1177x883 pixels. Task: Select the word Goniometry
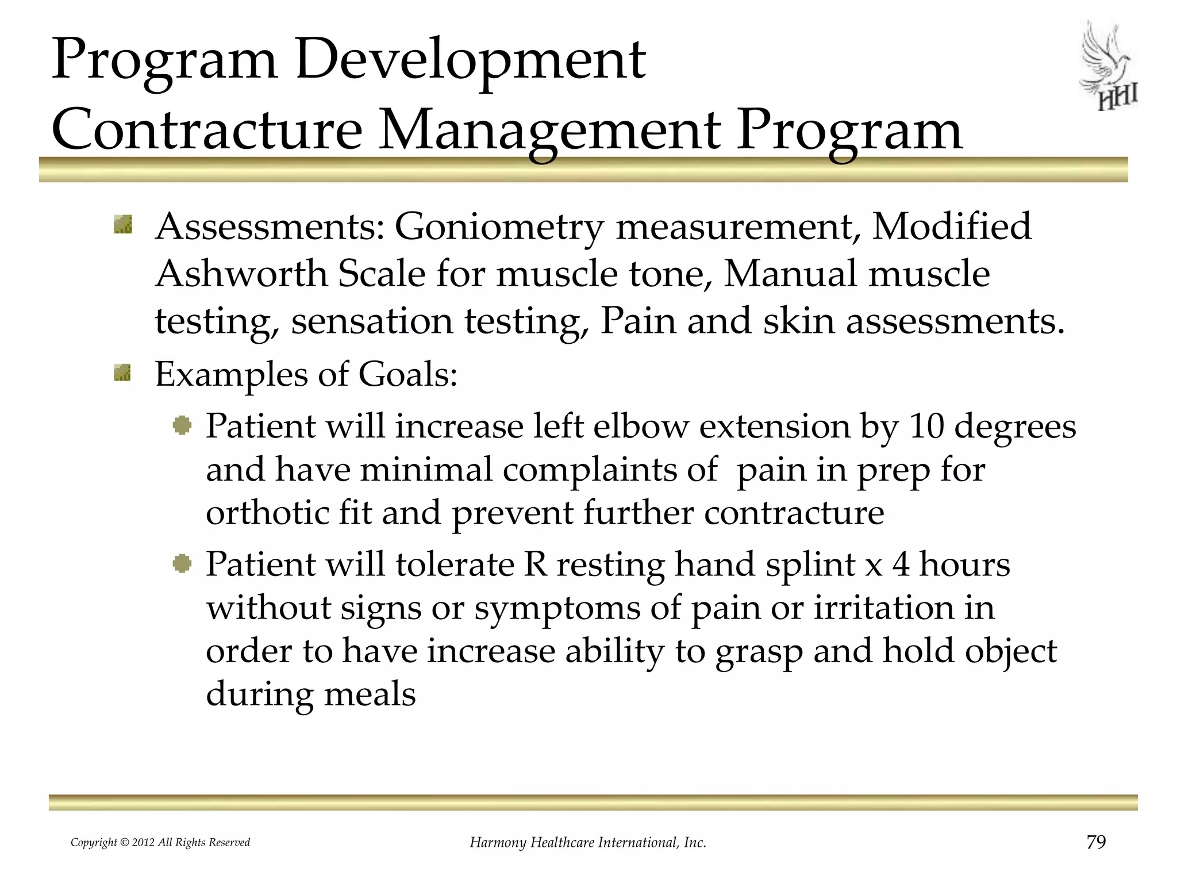pos(499,226)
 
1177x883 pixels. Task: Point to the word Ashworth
pos(241,274)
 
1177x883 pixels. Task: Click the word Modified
pos(951,226)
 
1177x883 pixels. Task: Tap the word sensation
pos(372,321)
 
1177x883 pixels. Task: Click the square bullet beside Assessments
pos(123,225)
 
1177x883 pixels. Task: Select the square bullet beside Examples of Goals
pos(123,373)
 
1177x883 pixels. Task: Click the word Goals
pos(407,374)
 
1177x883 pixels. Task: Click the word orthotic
pos(267,512)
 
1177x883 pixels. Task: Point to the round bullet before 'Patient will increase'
pos(182,426)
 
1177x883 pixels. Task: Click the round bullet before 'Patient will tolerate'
pos(182,564)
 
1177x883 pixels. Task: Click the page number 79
pos(1096,842)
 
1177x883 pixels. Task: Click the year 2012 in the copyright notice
pos(144,843)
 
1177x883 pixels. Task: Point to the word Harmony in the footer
pos(498,843)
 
